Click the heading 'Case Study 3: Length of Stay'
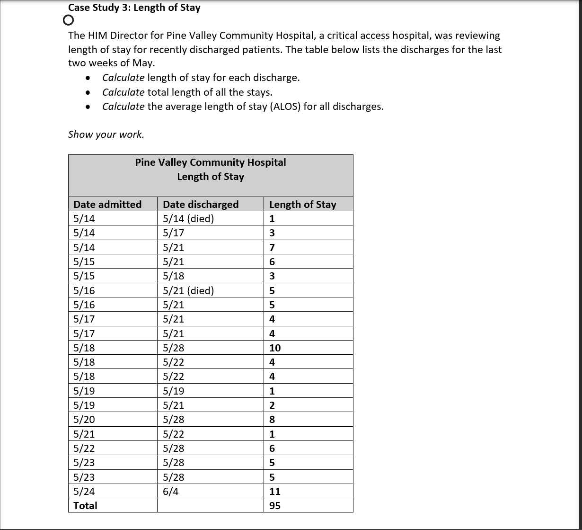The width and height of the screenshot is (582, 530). click(x=134, y=8)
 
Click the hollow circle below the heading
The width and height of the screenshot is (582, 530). click(x=68, y=20)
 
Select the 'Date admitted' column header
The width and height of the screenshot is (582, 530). click(x=107, y=204)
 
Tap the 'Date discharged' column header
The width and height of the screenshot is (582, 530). click(x=201, y=204)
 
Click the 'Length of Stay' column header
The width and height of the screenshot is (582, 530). click(x=302, y=204)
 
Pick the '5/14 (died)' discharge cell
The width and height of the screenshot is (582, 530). click(x=188, y=219)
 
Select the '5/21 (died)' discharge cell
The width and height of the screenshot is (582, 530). click(x=188, y=290)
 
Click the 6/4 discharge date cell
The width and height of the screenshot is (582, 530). click(x=171, y=491)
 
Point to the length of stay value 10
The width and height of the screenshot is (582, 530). click(x=275, y=348)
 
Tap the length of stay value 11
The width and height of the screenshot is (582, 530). click(x=275, y=491)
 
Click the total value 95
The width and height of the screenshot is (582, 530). click(x=275, y=506)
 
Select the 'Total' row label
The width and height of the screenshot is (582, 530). click(x=85, y=506)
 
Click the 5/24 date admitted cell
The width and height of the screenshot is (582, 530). click(x=84, y=491)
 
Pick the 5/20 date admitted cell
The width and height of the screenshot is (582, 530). click(x=84, y=420)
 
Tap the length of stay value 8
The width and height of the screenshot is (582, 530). click(x=272, y=420)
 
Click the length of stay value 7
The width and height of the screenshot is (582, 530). click(x=272, y=247)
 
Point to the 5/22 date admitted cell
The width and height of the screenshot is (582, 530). click(x=84, y=448)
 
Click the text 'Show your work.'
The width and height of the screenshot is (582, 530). click(x=106, y=135)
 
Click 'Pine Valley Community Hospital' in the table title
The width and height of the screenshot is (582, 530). click(x=211, y=162)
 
